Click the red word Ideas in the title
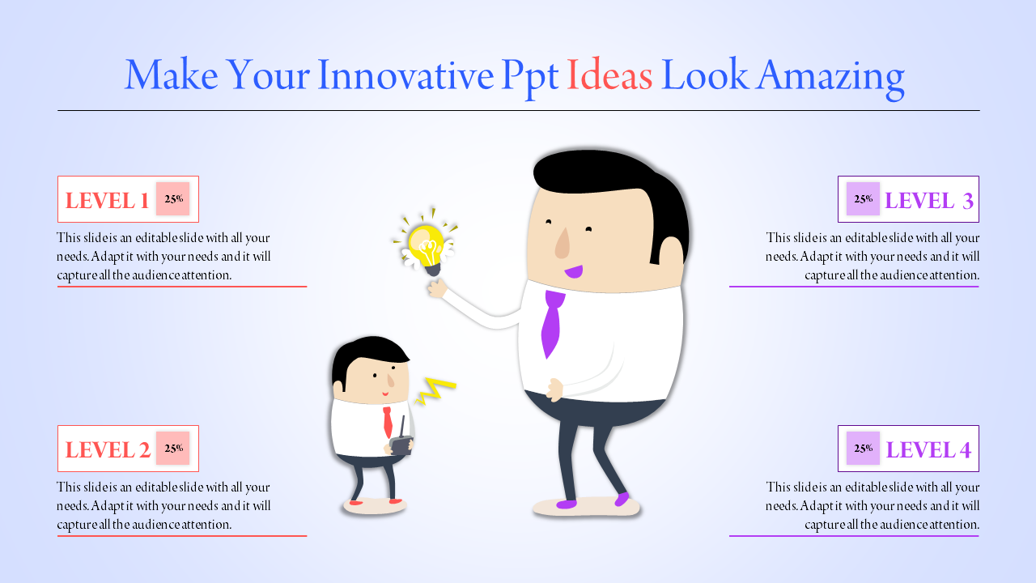(x=609, y=76)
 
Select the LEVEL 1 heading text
(x=107, y=201)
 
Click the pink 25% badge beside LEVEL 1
(x=172, y=199)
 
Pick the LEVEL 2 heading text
(x=108, y=450)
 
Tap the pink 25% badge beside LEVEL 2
(x=172, y=449)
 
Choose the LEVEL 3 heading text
(x=929, y=201)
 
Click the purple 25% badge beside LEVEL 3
(x=863, y=199)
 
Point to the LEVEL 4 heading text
(x=928, y=450)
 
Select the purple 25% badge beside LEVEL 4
(x=863, y=449)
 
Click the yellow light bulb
(x=425, y=245)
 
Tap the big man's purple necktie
(x=552, y=321)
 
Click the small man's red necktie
(x=388, y=421)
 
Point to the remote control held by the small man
(x=401, y=444)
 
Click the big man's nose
(x=563, y=243)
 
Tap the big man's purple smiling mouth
(x=574, y=271)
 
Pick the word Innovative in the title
(x=405, y=76)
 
